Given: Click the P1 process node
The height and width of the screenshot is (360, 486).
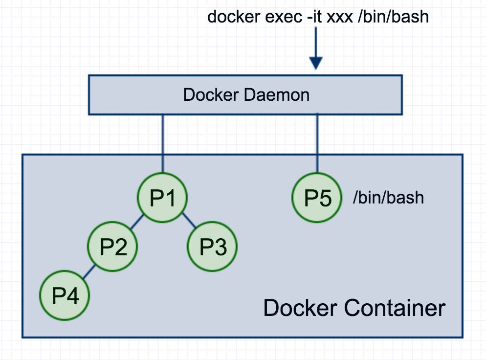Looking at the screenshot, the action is tap(162, 198).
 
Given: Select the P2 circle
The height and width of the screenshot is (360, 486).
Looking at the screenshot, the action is tap(113, 247).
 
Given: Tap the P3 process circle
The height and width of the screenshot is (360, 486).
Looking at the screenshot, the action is tap(212, 247).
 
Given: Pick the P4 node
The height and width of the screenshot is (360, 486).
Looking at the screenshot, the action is tap(65, 295).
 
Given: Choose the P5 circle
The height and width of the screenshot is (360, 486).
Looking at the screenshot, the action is tap(317, 198).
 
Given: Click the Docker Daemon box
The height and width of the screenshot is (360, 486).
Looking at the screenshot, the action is tap(245, 95).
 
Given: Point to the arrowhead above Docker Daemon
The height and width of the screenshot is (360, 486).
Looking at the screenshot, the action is tap(316, 63).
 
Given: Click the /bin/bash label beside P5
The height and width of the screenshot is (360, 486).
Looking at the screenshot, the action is tap(388, 198).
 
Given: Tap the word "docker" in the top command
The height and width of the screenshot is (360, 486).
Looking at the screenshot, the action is tap(234, 17).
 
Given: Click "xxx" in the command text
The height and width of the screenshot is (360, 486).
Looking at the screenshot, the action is tap(340, 18).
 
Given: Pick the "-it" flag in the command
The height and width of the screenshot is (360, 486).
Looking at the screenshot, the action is tap(314, 17).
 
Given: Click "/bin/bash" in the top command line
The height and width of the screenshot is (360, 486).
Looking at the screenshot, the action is tap(393, 17).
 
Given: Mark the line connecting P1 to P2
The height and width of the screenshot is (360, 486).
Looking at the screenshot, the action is tap(137, 222).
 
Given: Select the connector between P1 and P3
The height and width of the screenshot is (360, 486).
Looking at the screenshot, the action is tap(189, 221).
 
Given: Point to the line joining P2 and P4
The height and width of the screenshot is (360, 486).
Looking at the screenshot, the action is tap(89, 271).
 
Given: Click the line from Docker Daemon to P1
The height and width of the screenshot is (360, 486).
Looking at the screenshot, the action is tap(163, 144).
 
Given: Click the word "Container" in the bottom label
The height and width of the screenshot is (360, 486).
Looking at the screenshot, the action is tap(395, 308).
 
